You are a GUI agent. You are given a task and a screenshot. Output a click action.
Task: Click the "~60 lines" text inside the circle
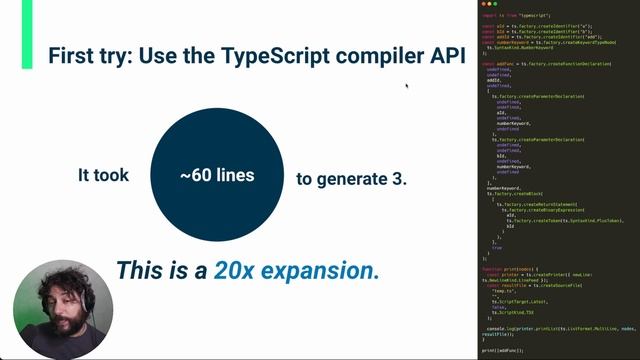point(217,175)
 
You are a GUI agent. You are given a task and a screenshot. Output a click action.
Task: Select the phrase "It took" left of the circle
point(104,175)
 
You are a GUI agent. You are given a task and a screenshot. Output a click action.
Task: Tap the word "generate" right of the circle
point(354,179)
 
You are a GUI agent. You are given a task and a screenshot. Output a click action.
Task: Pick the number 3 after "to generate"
point(400,179)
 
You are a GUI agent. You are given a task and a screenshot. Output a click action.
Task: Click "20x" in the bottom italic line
point(233,269)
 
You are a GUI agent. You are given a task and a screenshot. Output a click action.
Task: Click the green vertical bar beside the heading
point(26,20)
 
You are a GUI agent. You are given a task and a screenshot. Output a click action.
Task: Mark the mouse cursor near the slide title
point(406,85)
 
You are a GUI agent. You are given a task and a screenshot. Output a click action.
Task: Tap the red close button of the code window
point(483,5)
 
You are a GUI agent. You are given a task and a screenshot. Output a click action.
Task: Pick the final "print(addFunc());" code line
point(502,351)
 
